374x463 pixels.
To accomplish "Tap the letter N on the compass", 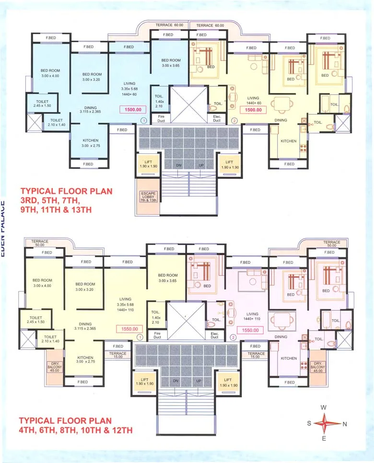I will [x=345, y=424].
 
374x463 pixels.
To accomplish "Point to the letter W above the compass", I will [x=324, y=407].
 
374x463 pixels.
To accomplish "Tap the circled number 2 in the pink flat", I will [x=234, y=337].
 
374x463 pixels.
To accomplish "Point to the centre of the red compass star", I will [x=324, y=423].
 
